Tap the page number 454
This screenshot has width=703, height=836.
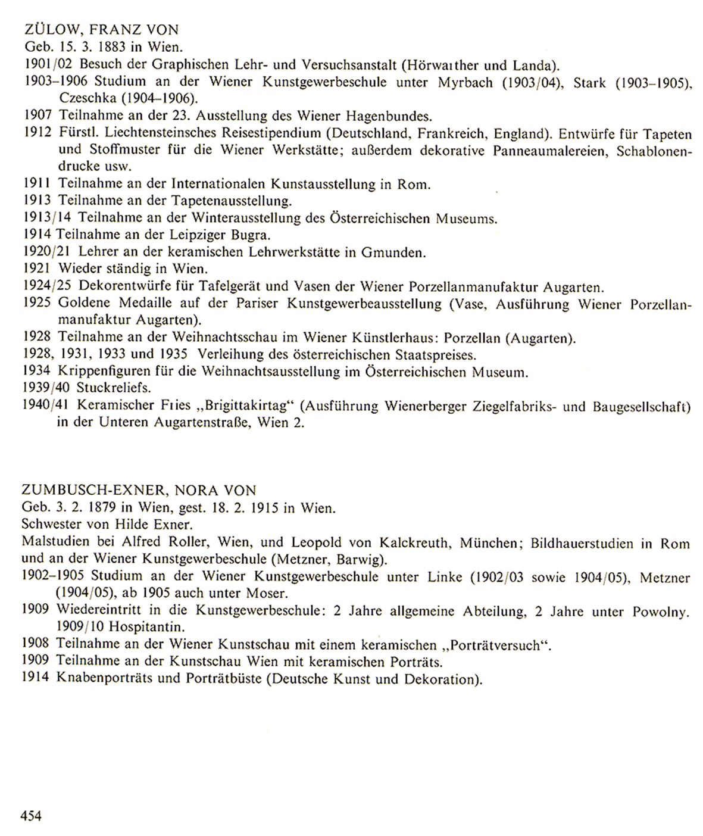click(x=32, y=815)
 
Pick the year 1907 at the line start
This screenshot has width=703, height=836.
click(x=38, y=116)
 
